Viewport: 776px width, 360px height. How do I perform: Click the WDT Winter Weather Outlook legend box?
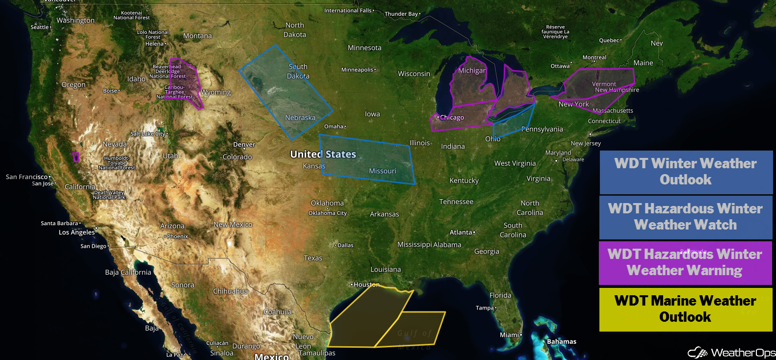click(x=686, y=172)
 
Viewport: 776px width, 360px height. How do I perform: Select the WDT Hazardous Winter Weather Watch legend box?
click(x=686, y=217)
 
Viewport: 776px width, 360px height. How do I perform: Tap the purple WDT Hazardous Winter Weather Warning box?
click(x=685, y=262)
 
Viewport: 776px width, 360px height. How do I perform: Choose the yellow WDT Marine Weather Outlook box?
click(x=685, y=309)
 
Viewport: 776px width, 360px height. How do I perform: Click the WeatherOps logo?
click(x=731, y=353)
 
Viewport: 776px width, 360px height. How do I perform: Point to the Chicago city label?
click(x=452, y=118)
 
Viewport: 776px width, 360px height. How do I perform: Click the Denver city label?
click(x=244, y=145)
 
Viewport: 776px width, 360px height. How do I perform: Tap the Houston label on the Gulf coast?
click(x=366, y=284)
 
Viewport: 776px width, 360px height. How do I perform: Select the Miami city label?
click(x=509, y=335)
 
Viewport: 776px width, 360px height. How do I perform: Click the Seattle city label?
click(x=40, y=27)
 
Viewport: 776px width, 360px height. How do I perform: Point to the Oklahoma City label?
click(x=327, y=213)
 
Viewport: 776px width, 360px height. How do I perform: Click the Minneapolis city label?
click(x=357, y=70)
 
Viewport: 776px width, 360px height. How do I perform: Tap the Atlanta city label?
click(x=461, y=232)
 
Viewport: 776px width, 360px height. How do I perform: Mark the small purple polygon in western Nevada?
click(x=76, y=157)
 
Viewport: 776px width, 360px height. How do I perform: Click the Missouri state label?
click(x=383, y=171)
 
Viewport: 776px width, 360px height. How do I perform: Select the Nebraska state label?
click(x=300, y=118)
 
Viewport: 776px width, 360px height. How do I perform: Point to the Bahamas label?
click(x=562, y=342)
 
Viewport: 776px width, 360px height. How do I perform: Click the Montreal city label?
click(x=595, y=58)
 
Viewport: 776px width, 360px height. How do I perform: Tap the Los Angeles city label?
click(x=77, y=232)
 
